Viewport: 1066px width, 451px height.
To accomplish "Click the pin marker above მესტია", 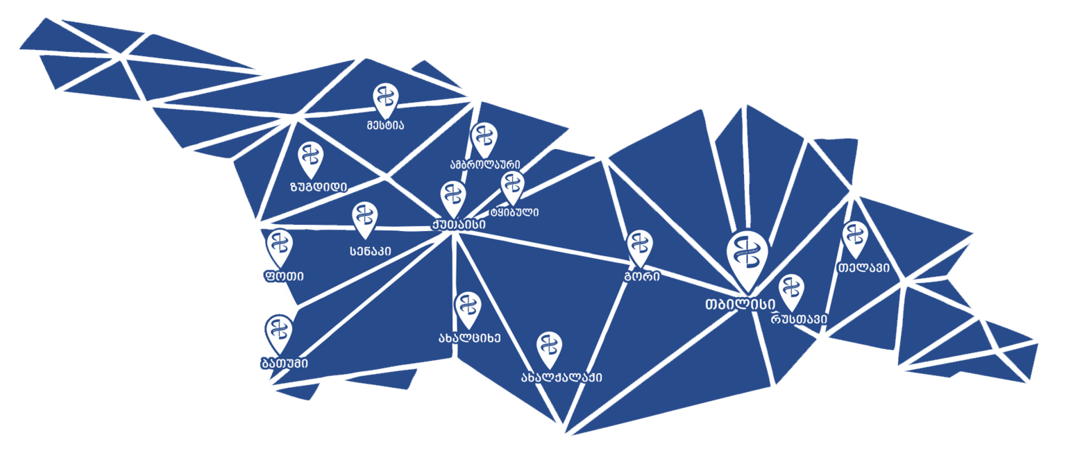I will (x=385, y=99).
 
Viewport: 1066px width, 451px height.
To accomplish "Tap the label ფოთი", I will (x=283, y=275).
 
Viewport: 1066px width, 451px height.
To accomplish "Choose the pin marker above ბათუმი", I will (x=278, y=331).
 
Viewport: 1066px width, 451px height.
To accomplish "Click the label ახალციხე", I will (x=468, y=338).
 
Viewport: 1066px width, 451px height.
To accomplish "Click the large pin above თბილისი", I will (x=747, y=258).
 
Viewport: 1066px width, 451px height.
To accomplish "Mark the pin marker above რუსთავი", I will (x=791, y=290).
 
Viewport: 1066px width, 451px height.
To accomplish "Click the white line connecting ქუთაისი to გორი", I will (x=548, y=248).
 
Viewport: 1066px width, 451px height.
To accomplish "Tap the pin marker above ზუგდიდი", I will (x=310, y=157).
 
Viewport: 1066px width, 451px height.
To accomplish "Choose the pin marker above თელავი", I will (x=853, y=237).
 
